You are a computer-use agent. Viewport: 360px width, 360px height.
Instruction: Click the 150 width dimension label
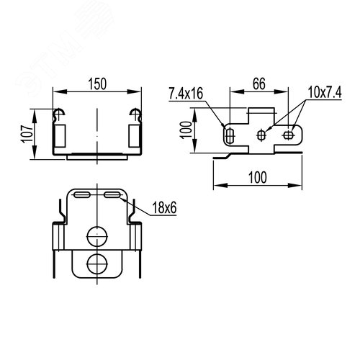point(97,84)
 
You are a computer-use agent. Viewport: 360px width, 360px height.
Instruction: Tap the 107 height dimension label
point(28,134)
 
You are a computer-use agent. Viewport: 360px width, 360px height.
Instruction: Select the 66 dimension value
point(259,84)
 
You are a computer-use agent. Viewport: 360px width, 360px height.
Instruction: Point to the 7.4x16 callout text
point(186,94)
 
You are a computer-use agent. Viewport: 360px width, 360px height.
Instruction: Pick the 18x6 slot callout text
point(164,207)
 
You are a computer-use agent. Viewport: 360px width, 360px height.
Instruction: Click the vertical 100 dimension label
point(186,130)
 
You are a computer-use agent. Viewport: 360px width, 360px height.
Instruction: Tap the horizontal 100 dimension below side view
point(257,177)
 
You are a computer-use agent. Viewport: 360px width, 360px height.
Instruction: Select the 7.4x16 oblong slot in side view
point(230,136)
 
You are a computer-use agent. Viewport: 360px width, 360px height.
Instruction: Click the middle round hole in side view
point(261,135)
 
